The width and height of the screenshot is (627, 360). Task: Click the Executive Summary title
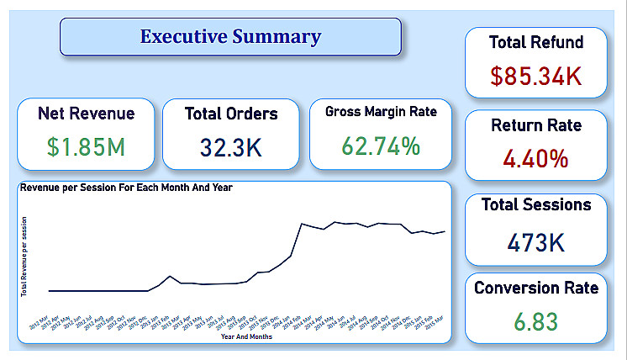pyautogui.click(x=230, y=37)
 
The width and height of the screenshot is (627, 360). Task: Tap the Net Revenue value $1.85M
pyautogui.click(x=87, y=147)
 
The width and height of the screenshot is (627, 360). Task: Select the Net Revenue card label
pyautogui.click(x=86, y=113)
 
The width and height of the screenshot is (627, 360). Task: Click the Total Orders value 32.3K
pyautogui.click(x=231, y=147)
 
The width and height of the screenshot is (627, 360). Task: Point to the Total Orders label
pyautogui.click(x=231, y=114)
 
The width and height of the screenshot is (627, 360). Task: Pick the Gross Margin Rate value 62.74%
pyautogui.click(x=381, y=146)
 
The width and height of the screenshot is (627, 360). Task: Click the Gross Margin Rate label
pyautogui.click(x=381, y=112)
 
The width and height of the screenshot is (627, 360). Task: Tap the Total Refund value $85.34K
pyautogui.click(x=536, y=76)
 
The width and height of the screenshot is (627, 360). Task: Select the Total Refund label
pyautogui.click(x=536, y=42)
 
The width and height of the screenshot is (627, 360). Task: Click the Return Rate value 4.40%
pyautogui.click(x=536, y=158)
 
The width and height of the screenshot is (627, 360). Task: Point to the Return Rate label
pyautogui.click(x=536, y=125)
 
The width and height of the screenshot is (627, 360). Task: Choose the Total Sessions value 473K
pyautogui.click(x=536, y=242)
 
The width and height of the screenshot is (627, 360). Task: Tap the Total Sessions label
pyautogui.click(x=536, y=204)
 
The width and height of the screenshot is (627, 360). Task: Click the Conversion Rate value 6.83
pyautogui.click(x=536, y=322)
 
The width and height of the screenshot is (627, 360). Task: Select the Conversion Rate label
pyautogui.click(x=536, y=289)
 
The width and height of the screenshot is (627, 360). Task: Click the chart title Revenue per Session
pyautogui.click(x=126, y=187)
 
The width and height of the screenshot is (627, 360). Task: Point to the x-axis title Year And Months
pyautogui.click(x=245, y=337)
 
